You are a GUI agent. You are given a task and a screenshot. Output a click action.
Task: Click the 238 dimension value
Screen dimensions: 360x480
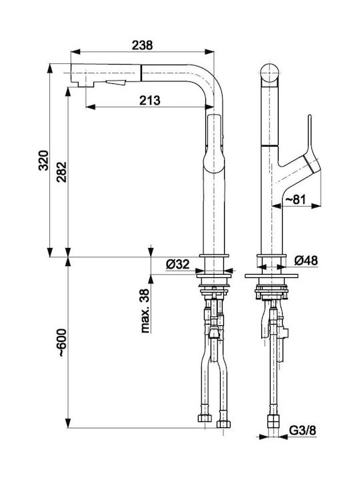142,45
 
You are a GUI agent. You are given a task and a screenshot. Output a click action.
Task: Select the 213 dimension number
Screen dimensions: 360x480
150,100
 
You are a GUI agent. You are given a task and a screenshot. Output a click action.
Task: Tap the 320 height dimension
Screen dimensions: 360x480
43,161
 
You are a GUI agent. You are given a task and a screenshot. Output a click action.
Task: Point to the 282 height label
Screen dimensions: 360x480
61,172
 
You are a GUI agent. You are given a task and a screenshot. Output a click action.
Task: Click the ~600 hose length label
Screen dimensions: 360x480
61,343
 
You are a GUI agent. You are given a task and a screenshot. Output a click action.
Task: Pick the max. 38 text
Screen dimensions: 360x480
145,311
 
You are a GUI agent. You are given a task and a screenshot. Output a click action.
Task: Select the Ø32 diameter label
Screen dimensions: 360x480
177,264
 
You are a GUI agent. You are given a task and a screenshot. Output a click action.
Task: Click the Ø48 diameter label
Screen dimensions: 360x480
306,261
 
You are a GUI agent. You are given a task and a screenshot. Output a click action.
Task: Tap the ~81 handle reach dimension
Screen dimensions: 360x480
296,199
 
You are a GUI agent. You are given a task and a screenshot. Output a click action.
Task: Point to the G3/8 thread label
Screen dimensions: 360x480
303,431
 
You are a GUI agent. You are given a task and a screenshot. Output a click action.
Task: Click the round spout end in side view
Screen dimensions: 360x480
270,74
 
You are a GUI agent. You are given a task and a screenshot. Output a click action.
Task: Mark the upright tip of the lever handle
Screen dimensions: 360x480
310,116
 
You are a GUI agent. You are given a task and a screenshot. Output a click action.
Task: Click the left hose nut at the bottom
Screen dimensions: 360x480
205,418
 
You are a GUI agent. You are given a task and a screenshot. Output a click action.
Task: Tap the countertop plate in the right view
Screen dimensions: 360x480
271,276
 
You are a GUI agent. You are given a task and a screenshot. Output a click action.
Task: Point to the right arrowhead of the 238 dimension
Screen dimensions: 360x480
209,52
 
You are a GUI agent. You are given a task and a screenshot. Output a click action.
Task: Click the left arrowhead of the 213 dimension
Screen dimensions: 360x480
91,107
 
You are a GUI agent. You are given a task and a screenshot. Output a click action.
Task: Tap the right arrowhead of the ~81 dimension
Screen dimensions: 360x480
316,206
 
